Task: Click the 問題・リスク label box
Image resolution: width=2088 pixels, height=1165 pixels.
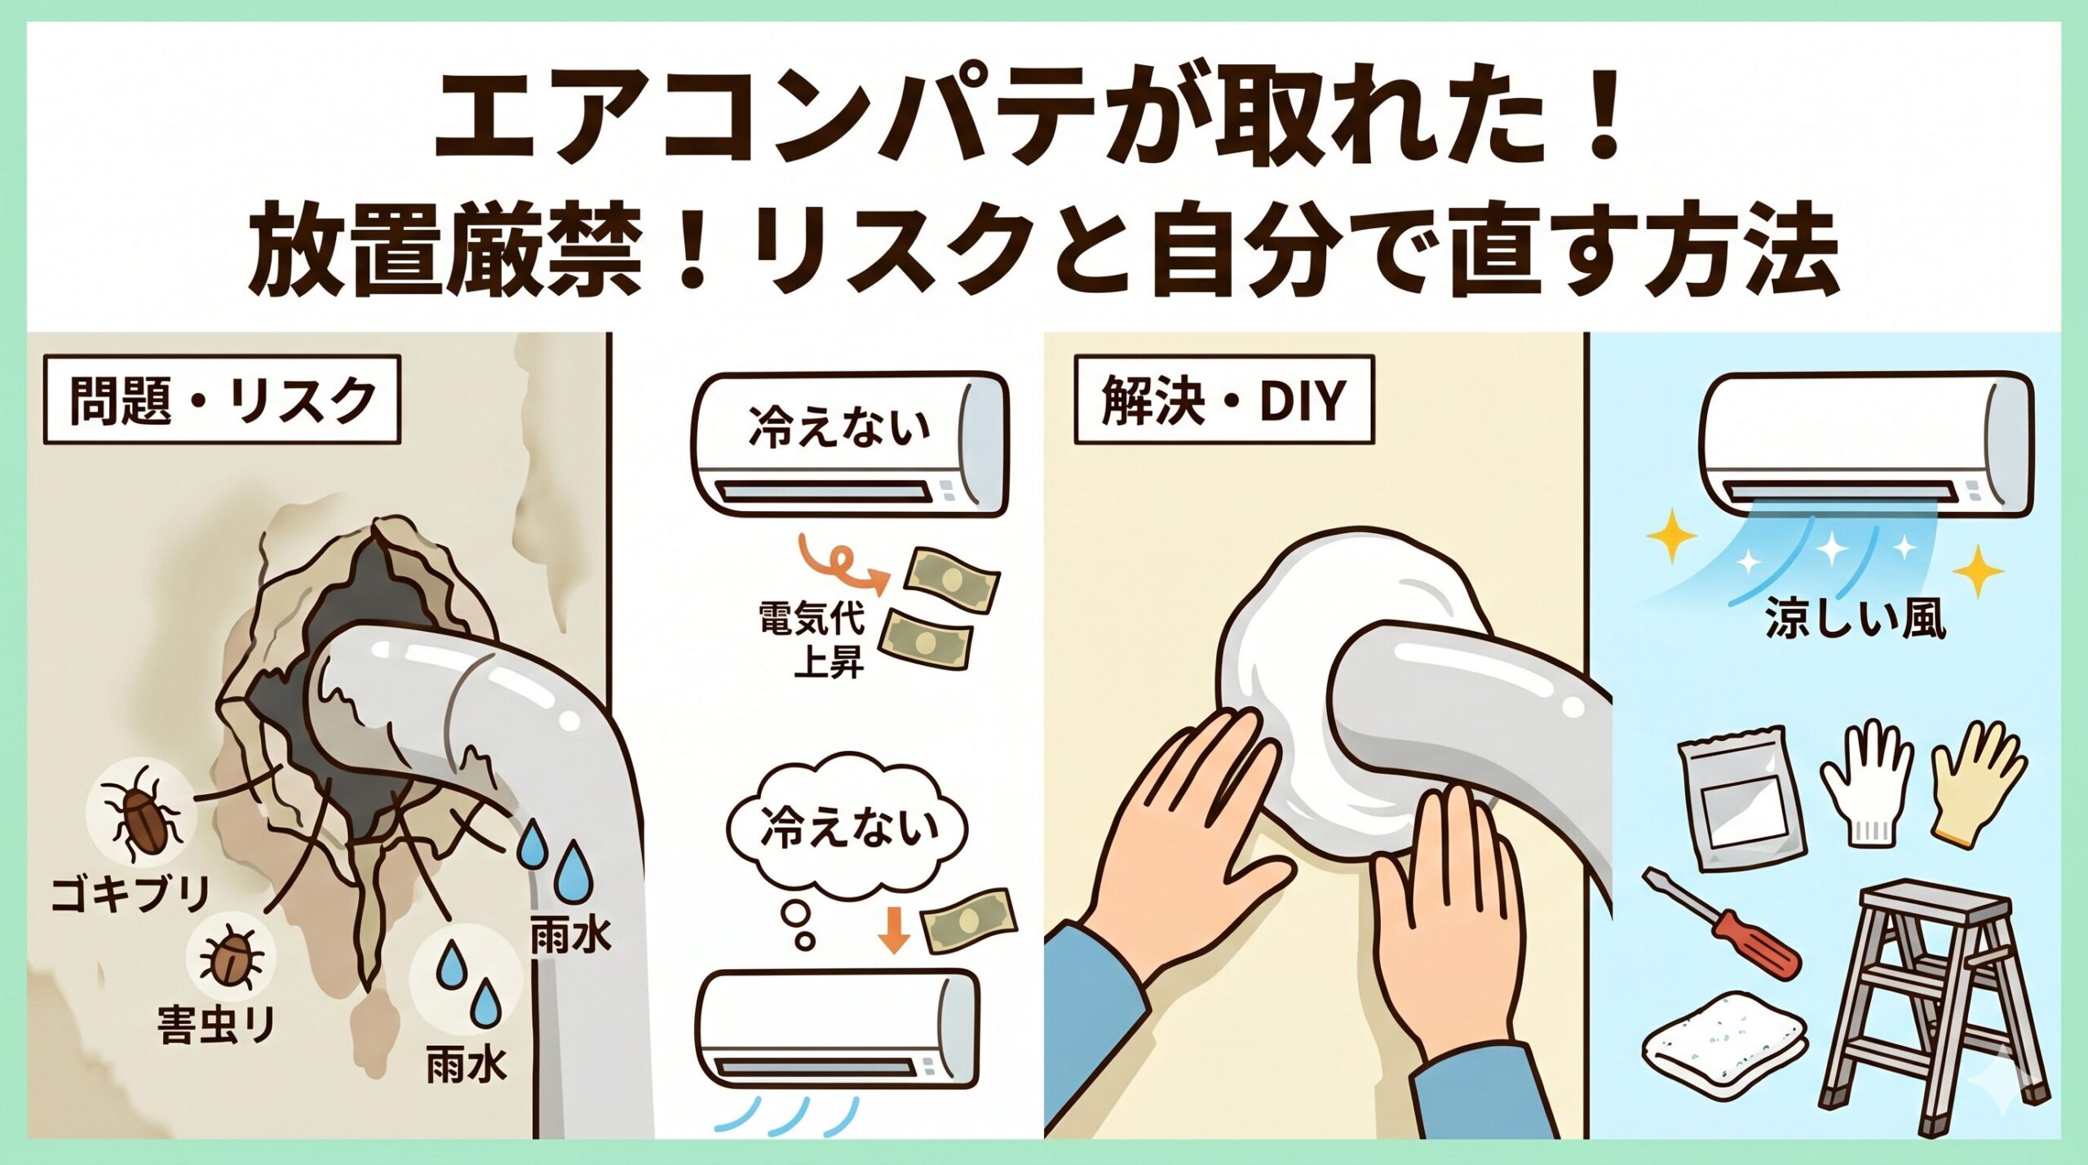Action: pos(221,399)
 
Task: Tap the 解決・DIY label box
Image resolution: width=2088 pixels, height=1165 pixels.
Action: pos(1223,399)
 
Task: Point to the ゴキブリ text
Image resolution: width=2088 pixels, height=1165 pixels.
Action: pos(131,895)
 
